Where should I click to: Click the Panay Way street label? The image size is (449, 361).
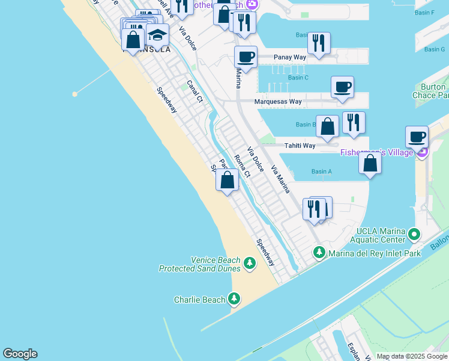(290, 57)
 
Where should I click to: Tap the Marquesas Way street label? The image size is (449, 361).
(278, 102)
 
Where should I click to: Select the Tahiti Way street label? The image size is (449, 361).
(300, 146)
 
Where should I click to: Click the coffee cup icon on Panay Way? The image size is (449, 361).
(246, 57)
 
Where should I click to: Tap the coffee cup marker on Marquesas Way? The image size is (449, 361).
(342, 87)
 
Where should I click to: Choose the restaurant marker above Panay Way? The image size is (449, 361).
(319, 43)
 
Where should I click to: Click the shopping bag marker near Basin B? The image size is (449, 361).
(327, 126)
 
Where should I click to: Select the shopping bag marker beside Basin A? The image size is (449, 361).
(370, 162)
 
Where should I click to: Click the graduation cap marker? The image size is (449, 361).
(157, 35)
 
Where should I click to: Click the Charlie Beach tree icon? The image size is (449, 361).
(234, 298)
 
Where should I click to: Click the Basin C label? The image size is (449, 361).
(298, 78)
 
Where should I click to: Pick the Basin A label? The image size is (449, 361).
(322, 171)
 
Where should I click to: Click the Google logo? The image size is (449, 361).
(20, 354)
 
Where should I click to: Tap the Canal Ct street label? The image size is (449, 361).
(193, 91)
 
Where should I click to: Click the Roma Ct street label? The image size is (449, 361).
(241, 167)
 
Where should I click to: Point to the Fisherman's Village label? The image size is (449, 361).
(376, 152)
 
